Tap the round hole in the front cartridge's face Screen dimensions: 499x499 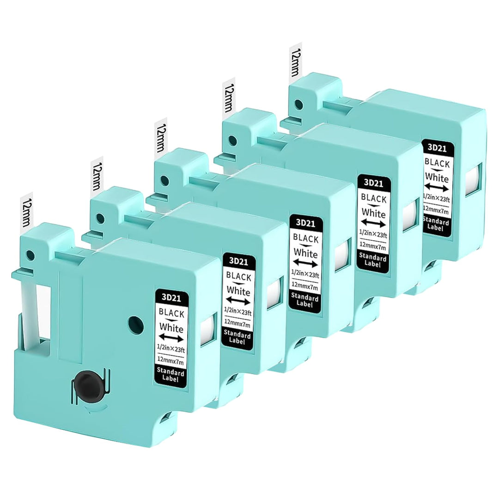pyautogui.click(x=136, y=325)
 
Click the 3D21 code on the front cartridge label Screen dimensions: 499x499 pyautogui.click(x=171, y=298)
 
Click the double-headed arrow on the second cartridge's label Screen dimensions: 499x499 pyautogui.click(x=238, y=300)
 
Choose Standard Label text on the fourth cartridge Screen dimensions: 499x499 pyautogui.click(x=372, y=260)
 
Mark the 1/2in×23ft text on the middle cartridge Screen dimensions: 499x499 pyautogui.click(x=305, y=274)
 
